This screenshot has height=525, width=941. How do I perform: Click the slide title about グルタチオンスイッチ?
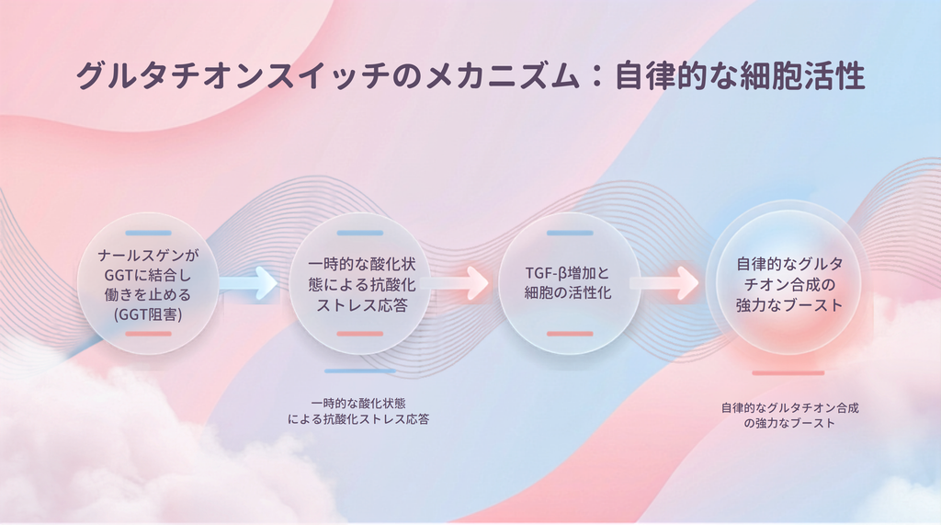pos(470,75)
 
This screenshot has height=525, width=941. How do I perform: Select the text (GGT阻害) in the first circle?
pos(148,314)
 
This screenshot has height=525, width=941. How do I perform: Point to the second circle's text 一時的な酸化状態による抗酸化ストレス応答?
pos(362,285)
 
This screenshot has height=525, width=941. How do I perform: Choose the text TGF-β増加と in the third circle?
pos(568,273)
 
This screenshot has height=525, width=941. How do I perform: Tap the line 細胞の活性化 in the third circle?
pos(568,292)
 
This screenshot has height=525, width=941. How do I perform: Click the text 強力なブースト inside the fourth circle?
pos(789,304)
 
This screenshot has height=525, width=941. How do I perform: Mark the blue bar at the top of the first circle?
pos(148,233)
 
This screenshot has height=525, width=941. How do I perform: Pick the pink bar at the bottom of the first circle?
pos(148,334)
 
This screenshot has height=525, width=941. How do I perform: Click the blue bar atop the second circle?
pos(360,233)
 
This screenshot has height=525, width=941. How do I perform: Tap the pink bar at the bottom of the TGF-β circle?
pos(570,334)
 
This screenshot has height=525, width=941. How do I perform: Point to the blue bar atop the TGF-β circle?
pos(570,233)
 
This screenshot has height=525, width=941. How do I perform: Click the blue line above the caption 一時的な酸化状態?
pos(360,371)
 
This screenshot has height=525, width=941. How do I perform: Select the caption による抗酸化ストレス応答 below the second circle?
pos(358,419)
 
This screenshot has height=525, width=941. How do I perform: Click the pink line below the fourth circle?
pos(788,373)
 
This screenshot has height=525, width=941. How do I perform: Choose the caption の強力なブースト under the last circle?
pos(789,423)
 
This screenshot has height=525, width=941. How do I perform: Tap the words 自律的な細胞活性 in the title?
pos(740,75)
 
